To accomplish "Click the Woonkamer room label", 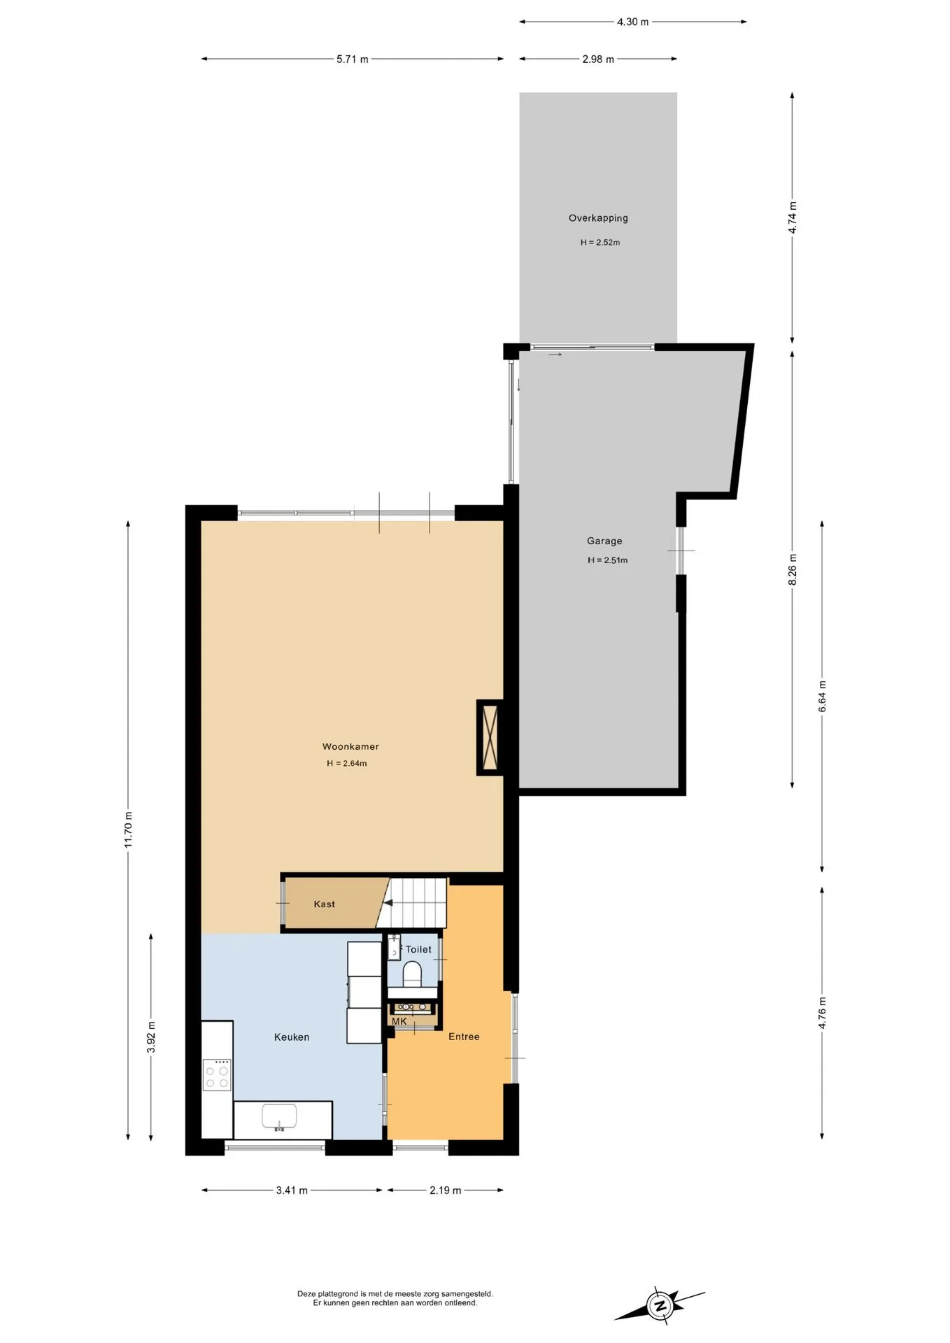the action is [350, 746].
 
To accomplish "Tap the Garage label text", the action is [604, 541].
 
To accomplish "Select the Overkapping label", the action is [598, 218].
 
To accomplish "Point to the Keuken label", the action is [292, 1037].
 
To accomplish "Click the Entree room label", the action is [464, 1037].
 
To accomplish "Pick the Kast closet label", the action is [325, 904].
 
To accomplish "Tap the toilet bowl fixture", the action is [413, 974].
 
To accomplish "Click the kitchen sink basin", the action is [279, 1116].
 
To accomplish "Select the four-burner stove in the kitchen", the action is [217, 1074].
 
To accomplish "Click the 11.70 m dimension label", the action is [128, 830].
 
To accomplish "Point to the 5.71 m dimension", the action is [353, 59].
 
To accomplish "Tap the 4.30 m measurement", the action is [633, 22].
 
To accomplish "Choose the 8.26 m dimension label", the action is [793, 569].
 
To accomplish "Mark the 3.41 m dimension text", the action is [292, 1191].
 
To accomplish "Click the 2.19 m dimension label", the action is [446, 1191].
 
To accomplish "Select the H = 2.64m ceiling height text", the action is [347, 763].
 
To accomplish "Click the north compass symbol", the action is [660, 1305].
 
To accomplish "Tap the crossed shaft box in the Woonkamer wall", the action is [490, 737].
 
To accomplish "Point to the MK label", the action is [399, 1021].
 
